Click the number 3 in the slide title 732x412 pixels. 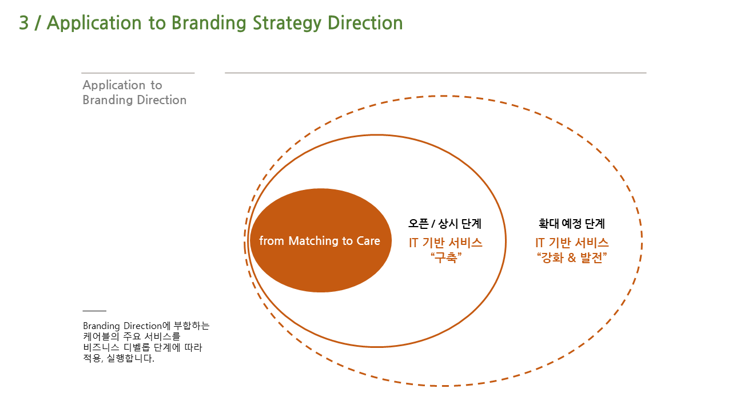24,23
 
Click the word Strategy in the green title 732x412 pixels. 287,23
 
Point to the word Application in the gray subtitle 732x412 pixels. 114,85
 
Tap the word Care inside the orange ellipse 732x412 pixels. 368,241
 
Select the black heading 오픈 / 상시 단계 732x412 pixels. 445,224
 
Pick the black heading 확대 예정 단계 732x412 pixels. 571,224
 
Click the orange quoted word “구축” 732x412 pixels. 445,257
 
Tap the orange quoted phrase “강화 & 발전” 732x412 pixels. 572,257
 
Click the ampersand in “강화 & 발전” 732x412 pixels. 571,258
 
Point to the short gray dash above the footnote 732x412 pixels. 94,311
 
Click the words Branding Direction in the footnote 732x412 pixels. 122,326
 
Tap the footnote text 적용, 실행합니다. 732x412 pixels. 118,358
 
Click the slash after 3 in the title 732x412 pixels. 38,23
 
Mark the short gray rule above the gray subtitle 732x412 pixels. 138,73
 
